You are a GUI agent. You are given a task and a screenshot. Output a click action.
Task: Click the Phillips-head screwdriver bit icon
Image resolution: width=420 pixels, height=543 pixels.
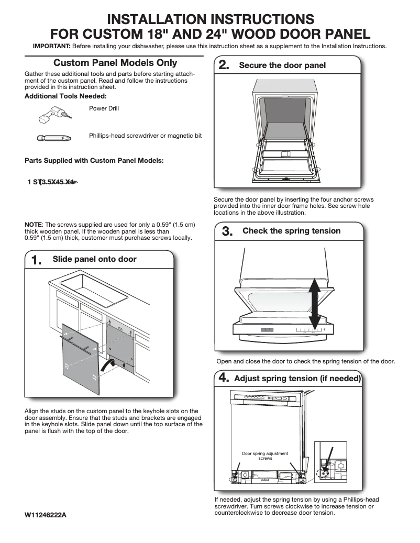pos(50,139)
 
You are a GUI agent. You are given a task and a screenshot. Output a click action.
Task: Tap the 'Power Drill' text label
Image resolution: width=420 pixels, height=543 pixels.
pos(104,108)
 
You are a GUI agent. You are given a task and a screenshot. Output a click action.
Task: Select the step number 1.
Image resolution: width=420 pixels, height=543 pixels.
pos(37,260)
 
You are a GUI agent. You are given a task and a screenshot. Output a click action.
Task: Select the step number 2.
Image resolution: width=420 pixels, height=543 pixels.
pos(224,66)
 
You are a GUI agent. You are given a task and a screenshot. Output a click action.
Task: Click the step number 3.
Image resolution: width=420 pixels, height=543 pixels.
pos(227,231)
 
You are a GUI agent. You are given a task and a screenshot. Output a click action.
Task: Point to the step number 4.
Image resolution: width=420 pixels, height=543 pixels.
pos(224,378)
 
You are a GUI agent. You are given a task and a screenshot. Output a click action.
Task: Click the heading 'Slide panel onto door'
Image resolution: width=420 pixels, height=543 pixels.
pos(94,259)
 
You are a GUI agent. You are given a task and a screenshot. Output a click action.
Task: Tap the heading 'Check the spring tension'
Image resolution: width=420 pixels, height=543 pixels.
pos(291,231)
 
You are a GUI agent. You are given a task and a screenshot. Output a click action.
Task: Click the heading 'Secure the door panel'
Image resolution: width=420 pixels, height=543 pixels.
pos(282,65)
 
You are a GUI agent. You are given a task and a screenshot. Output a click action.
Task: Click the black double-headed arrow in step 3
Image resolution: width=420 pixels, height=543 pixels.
pos(314,303)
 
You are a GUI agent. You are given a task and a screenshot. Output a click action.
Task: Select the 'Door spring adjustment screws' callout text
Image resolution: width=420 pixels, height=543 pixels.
pos(265,456)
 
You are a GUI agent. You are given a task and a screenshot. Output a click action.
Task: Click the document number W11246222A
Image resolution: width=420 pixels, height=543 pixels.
pos(46,515)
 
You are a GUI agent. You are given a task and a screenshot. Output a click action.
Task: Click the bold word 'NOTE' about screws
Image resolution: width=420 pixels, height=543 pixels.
pos(34,225)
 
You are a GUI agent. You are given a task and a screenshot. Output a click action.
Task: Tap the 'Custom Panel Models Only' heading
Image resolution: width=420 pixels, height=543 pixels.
pos(115,63)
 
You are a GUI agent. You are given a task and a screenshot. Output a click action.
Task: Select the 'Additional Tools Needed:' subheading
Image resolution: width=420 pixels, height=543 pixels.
pos(65,96)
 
